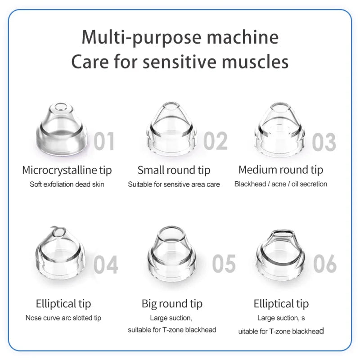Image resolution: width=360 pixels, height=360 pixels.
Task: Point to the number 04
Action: (x=106, y=265)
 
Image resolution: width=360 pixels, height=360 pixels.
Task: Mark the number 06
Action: (x=325, y=264)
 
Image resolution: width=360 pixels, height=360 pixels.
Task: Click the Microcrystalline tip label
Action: (x=67, y=170)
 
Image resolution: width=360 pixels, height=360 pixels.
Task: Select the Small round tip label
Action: (x=174, y=170)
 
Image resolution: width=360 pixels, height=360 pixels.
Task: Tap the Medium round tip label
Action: (x=281, y=170)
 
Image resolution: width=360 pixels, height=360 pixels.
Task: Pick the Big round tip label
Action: (x=172, y=304)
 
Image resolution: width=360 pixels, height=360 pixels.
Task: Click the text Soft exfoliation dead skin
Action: (x=67, y=184)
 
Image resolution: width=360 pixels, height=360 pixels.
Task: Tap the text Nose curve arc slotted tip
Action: (x=63, y=318)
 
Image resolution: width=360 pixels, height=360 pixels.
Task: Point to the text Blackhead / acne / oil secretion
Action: (x=281, y=184)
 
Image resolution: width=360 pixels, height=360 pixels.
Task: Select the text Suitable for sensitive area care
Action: (x=174, y=184)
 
